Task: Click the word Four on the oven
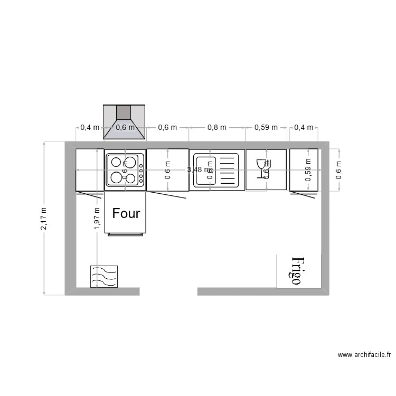pos(126,213)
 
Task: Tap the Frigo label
pos(297,271)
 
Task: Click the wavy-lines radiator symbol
pos(104,276)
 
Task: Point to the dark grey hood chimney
pos(124,112)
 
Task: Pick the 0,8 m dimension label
pos(216,127)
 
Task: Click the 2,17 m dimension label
pos(44,218)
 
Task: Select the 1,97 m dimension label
pos(97,218)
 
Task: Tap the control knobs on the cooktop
pos(141,169)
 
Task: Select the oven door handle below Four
pos(126,234)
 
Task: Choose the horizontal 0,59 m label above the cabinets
pos(266,127)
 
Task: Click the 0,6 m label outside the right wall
pos(338,169)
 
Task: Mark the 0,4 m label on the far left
pos(89,127)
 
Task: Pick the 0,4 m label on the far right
pos(303,127)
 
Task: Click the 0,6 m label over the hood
pos(125,127)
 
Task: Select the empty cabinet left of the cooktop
pos(89,169)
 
